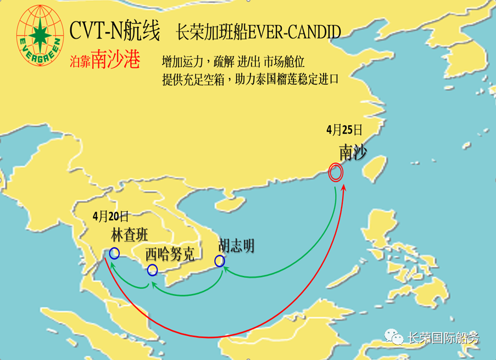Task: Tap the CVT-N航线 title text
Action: pos(115,31)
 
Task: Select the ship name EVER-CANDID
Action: pos(294,32)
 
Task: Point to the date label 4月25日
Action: pos(344,130)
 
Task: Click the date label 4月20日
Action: pos(111,215)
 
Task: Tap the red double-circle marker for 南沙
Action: pos(336,173)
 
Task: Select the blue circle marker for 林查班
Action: pos(114,253)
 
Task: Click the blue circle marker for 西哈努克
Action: pos(153,270)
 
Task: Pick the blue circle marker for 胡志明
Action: pos(220,261)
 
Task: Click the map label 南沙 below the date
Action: pos(352,153)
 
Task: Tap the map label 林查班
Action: pos(130,235)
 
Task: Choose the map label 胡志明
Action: pos(236,246)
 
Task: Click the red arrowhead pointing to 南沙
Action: pos(344,189)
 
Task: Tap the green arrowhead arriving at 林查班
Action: pos(111,265)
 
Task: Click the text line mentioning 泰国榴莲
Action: pos(250,79)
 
